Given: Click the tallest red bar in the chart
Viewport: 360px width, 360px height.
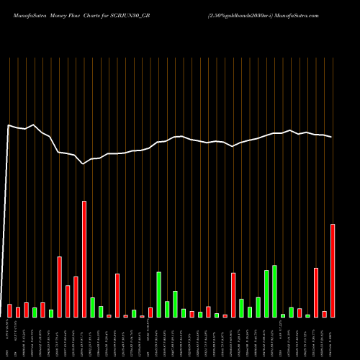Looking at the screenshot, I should pos(84,259).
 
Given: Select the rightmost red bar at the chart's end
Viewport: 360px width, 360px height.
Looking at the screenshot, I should pos(333,271).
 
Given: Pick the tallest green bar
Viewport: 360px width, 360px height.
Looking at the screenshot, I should pos(275,291).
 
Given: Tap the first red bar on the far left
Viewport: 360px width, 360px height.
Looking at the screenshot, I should pos(9,310).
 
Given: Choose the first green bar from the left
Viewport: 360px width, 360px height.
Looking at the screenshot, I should pos(35,312).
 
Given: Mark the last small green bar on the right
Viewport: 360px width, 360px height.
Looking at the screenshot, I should pos(307,315).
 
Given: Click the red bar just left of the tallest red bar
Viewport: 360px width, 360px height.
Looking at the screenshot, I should pos(76,297).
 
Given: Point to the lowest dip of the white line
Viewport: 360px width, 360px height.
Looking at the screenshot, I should pos(84,164).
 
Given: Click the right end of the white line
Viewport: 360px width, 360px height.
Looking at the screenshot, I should pos(332,137).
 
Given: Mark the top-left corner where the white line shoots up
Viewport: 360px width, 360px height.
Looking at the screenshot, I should pos(9,125).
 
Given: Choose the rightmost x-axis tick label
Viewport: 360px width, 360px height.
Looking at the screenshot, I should pos(333,343).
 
